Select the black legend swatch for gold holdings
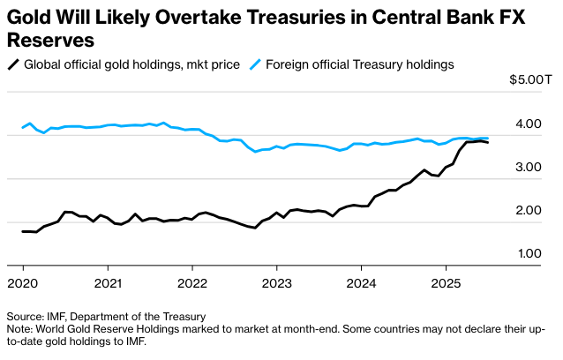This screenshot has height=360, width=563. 12,64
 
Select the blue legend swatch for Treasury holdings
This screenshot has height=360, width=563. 256,64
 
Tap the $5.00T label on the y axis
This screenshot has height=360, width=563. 530,80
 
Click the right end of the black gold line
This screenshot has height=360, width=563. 488,143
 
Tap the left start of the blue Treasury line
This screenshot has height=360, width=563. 23,129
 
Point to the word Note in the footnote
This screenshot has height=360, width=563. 20,328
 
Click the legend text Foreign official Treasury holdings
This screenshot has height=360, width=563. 359,64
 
